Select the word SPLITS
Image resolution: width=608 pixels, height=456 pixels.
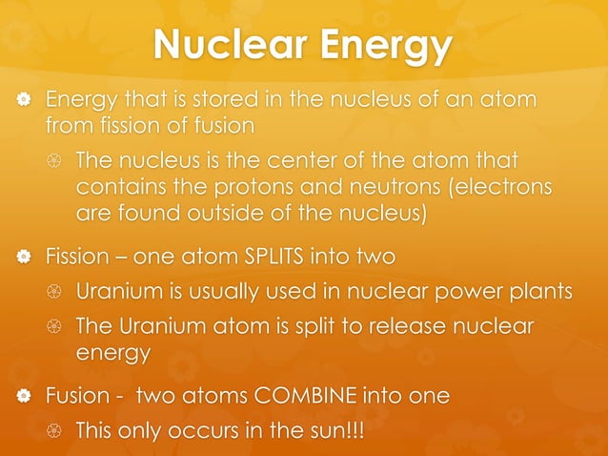[x=287, y=257]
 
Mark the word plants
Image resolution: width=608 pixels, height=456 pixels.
[x=538, y=291]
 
